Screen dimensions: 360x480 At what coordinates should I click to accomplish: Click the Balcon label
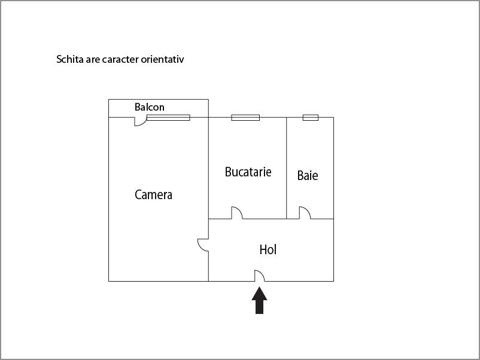click(149, 108)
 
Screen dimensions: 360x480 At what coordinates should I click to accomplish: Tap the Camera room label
click(153, 195)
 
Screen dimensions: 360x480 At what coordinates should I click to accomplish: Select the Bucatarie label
click(248, 172)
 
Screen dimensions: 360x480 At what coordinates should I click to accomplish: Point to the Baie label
click(308, 176)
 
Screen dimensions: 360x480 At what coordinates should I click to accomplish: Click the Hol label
click(268, 250)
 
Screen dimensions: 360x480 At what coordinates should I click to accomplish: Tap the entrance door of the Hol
click(260, 276)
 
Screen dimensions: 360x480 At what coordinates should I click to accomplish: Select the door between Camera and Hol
click(203, 245)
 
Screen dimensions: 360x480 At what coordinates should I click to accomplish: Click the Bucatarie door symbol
click(236, 213)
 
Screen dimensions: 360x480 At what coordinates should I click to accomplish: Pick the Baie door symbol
click(305, 213)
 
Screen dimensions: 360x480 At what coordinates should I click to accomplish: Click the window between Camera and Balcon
click(168, 118)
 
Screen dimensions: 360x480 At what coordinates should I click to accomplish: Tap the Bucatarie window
click(245, 118)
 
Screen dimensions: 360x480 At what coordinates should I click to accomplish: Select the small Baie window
click(310, 118)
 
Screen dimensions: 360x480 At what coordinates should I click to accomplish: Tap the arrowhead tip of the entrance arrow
click(259, 288)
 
